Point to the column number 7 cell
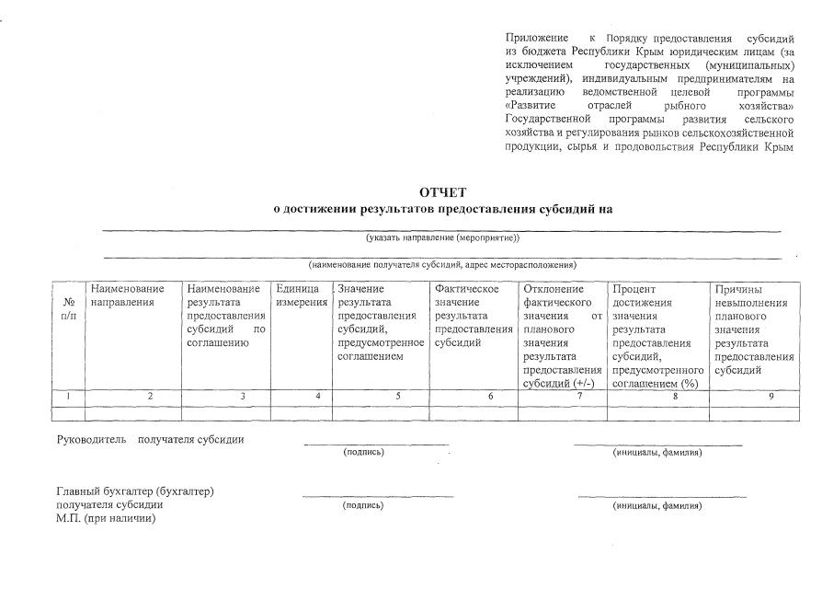coord(579,397)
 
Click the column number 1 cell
coord(69,397)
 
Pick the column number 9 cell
coord(771,397)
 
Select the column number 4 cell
coord(317,397)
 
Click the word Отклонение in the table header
coord(552,289)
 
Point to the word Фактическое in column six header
coord(466,289)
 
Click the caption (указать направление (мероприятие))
coord(442,237)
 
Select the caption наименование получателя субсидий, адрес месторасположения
coord(442,264)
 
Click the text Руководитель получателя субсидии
coord(150,439)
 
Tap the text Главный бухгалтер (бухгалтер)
coord(135,491)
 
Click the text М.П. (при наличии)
coord(107,518)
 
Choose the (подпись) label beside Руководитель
coord(363,452)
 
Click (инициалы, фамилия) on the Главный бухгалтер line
coord(657,505)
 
